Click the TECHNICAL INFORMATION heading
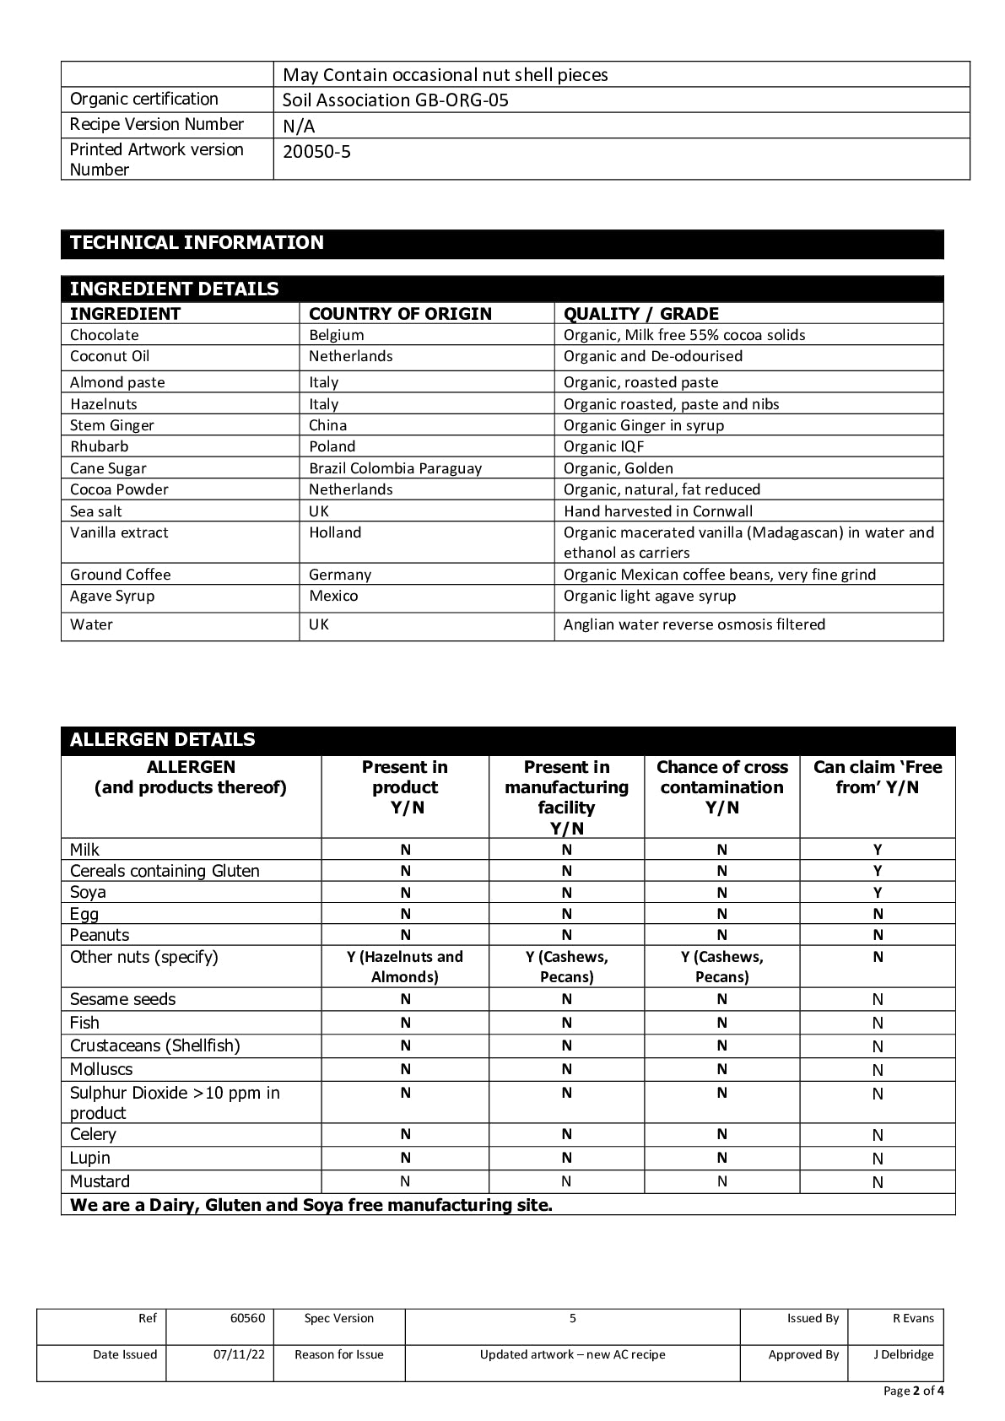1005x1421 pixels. [x=197, y=243]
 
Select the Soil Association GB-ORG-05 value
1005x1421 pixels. [x=395, y=100]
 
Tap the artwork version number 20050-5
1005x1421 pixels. [x=316, y=152]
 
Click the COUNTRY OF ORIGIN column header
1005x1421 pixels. [x=400, y=314]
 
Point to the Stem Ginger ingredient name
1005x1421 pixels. [x=112, y=425]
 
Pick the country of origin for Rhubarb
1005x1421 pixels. [x=332, y=446]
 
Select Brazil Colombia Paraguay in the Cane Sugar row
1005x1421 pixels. [x=395, y=468]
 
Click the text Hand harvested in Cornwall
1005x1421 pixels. [x=658, y=511]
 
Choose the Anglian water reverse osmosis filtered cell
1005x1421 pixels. [x=694, y=624]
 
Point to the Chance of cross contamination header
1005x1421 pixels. [x=721, y=786]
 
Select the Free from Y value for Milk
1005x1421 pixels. [x=878, y=850]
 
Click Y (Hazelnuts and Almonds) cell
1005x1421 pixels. [x=405, y=967]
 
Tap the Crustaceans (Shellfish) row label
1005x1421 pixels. [x=155, y=1045]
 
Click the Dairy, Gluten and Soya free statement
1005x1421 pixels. [x=311, y=1205]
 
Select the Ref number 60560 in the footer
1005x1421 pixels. [x=247, y=1318]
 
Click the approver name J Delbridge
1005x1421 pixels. [x=903, y=1354]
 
